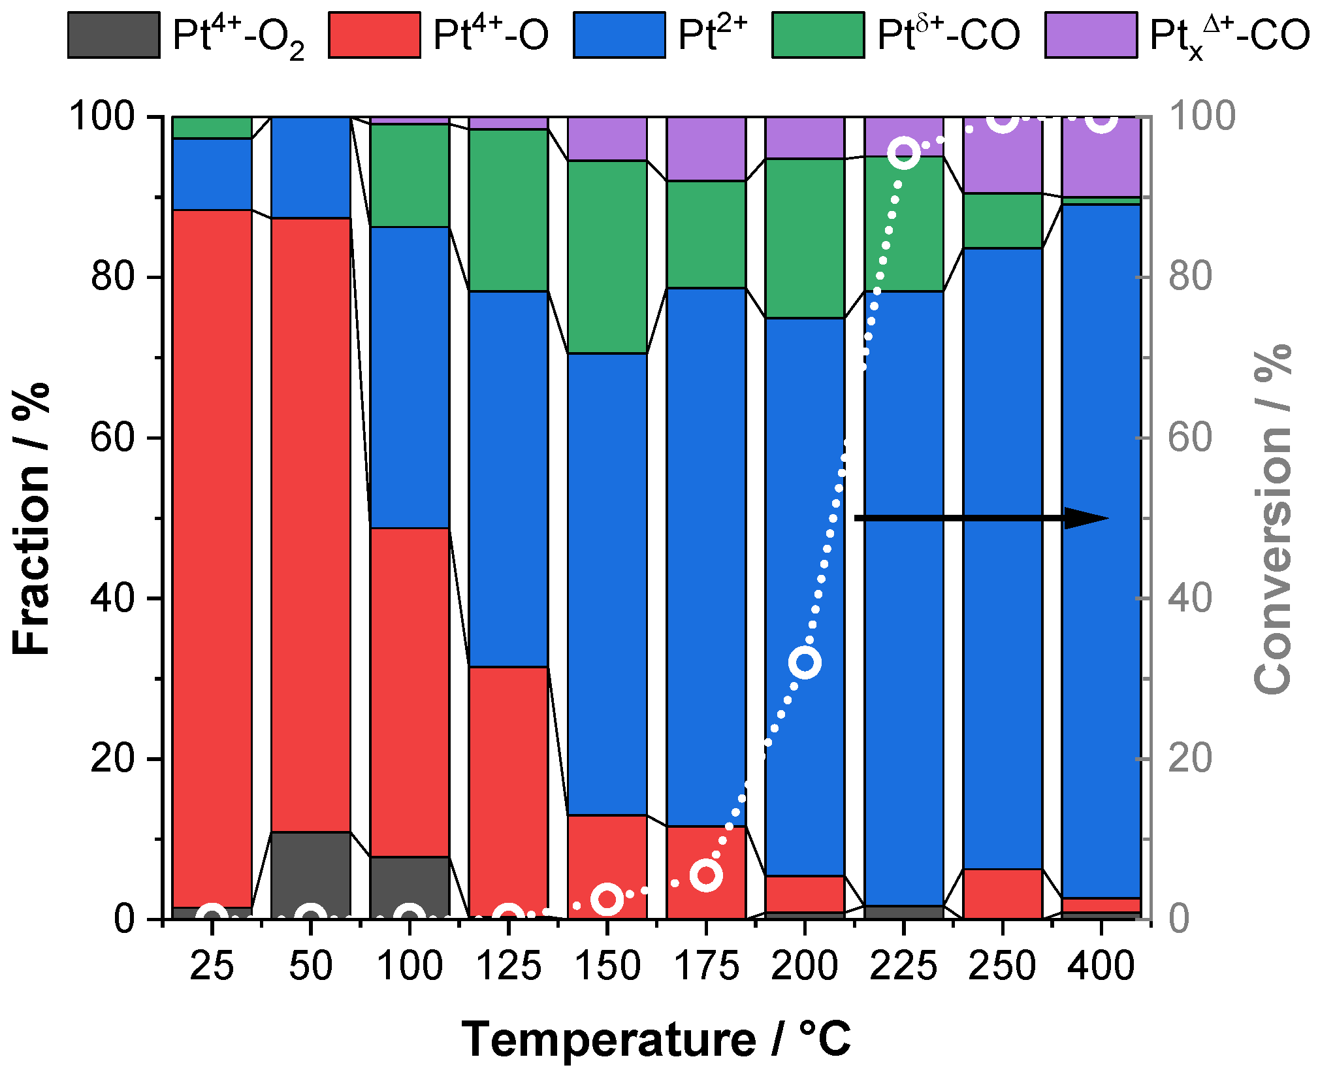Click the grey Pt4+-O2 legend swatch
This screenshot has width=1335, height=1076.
(114, 35)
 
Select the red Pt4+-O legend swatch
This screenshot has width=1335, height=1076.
(374, 35)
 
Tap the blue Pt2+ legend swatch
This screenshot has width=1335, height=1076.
(619, 35)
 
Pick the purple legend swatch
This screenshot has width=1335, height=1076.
(1091, 35)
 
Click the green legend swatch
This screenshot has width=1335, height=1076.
(818, 35)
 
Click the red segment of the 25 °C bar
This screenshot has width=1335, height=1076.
(212, 555)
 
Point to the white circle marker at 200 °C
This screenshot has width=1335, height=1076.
(805, 662)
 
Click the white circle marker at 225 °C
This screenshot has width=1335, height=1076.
(904, 154)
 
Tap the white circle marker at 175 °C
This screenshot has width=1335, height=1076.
(706, 875)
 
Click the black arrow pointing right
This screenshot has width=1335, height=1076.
(980, 518)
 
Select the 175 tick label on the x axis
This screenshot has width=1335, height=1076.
(706, 966)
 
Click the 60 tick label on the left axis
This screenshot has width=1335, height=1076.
(112, 438)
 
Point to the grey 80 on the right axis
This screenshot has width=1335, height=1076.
(1190, 277)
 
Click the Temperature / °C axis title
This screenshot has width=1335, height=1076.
(656, 1039)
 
